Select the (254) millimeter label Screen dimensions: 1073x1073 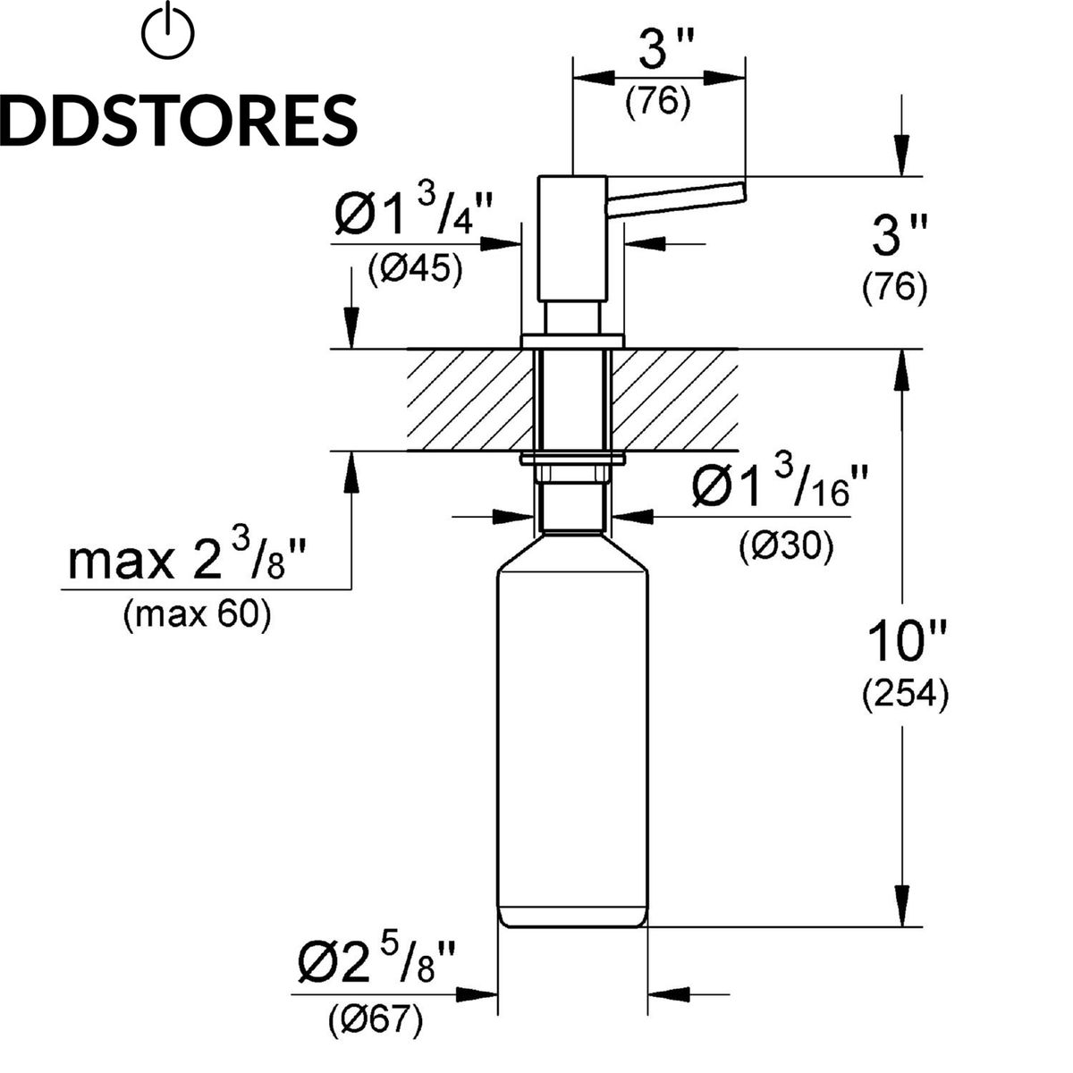906,694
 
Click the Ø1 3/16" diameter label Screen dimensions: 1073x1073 779,488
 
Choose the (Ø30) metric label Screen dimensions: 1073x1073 786,545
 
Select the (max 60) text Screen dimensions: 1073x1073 198,615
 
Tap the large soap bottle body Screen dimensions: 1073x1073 572,733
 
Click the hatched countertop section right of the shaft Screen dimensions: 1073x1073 675,399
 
